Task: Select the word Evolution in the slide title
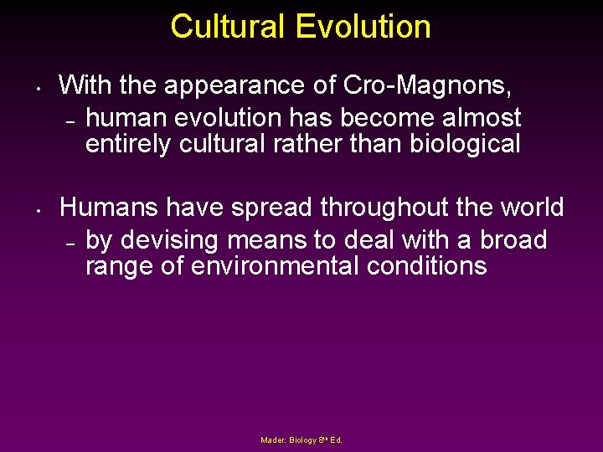point(363,27)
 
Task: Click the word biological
point(465,144)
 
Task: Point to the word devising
point(167,240)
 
